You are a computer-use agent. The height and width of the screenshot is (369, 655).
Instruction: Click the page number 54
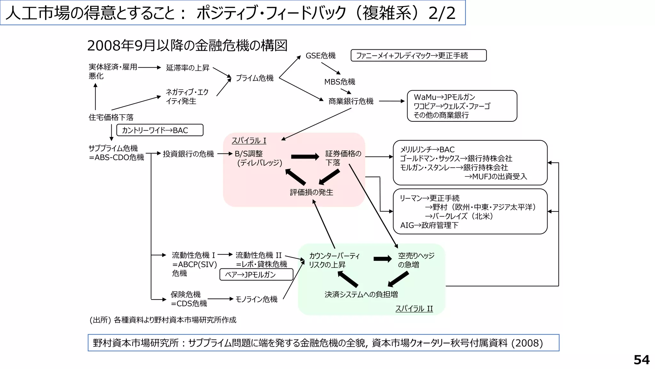(641, 360)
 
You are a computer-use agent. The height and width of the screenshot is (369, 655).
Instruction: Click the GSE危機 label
(320, 56)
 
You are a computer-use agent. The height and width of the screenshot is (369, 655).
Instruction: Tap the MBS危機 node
(340, 82)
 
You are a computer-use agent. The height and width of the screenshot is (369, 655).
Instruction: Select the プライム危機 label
(255, 78)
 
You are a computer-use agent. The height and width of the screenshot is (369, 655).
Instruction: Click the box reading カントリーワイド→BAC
(160, 130)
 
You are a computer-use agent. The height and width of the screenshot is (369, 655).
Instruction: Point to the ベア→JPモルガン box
(256, 275)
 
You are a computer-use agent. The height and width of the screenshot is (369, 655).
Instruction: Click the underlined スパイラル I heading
(249, 141)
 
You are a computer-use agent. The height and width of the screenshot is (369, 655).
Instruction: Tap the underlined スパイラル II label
(414, 308)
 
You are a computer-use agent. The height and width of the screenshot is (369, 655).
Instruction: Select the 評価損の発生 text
(312, 192)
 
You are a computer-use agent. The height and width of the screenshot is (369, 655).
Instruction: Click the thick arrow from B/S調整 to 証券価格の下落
(305, 157)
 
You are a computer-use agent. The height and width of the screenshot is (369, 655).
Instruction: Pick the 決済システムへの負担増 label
(361, 294)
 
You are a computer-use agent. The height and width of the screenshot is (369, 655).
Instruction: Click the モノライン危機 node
(256, 299)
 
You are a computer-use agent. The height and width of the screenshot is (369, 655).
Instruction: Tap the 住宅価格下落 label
(111, 117)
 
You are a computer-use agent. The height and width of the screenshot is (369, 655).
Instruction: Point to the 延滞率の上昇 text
(188, 68)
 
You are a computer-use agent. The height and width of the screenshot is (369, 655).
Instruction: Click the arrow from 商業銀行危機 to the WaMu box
(391, 101)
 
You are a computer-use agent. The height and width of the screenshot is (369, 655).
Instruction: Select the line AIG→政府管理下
(429, 225)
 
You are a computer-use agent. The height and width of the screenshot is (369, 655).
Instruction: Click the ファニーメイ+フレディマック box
(418, 55)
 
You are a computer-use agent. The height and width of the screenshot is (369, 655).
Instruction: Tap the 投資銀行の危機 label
(188, 154)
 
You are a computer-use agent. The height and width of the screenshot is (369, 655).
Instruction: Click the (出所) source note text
(163, 320)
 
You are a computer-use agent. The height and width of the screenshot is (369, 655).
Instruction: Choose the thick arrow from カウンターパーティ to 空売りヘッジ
(382, 259)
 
